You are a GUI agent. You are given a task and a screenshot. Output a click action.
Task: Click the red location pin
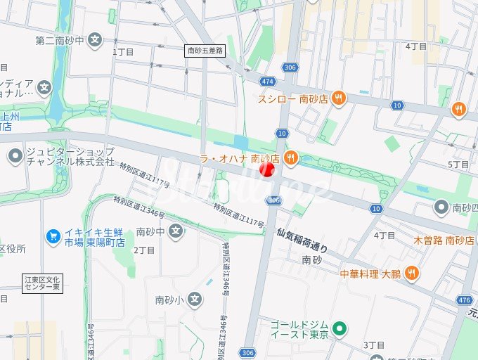coord(267,170)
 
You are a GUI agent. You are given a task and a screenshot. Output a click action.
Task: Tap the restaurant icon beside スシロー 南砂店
coord(339,98)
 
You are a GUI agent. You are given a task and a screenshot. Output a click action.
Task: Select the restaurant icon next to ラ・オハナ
coord(290,158)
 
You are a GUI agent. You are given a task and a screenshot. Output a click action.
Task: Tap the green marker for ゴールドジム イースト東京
coord(340,328)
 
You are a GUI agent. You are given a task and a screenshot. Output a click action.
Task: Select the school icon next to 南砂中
coord(176,231)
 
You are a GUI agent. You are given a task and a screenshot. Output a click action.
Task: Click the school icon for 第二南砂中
coord(97,40)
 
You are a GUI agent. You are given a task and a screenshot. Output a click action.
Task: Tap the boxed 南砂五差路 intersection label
coord(205,51)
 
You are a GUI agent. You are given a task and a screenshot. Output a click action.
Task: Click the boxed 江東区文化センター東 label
coord(43,283)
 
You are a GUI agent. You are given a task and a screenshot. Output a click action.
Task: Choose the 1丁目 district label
coord(123,51)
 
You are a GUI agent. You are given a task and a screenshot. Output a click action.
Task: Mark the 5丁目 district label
coord(458,164)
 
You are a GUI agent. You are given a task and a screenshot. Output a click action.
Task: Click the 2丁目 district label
coord(144,250)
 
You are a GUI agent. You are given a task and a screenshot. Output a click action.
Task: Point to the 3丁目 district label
coord(374,345)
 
